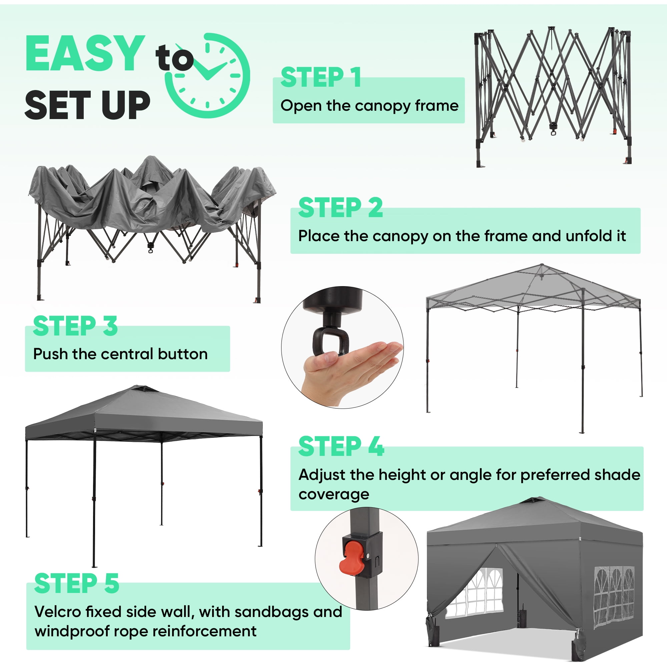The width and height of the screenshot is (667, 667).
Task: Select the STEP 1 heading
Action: pyautogui.click(x=321, y=77)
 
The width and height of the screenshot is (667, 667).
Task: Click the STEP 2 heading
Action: pyautogui.click(x=341, y=207)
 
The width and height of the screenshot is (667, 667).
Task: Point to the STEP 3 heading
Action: pyautogui.click(x=75, y=326)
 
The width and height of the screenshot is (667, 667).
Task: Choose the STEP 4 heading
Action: pyautogui.click(x=341, y=447)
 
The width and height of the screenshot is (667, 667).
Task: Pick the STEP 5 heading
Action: pyautogui.click(x=77, y=583)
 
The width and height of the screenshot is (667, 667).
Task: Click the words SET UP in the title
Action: pyautogui.click(x=88, y=105)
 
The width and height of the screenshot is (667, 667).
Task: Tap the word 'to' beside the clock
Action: pyautogui.click(x=174, y=59)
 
